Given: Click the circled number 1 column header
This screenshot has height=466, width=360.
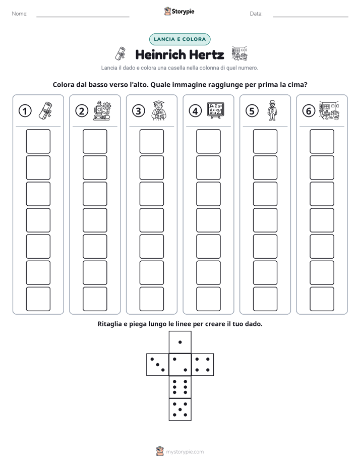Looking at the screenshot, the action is (x=25, y=111).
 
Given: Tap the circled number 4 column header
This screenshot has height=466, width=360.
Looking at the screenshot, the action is (x=195, y=111).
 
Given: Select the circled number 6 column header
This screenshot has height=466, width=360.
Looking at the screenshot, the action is (x=309, y=111).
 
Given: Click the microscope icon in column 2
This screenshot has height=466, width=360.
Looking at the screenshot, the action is (x=102, y=110).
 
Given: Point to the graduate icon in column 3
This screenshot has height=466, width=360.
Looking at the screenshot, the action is (x=159, y=110).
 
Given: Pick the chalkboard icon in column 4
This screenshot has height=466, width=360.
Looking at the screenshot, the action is (x=216, y=110).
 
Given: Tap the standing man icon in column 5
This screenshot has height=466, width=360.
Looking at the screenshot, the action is (x=272, y=110).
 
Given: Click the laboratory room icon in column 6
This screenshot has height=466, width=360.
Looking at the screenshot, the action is (x=329, y=110).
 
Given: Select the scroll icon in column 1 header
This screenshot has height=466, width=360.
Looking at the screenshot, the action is (x=45, y=110).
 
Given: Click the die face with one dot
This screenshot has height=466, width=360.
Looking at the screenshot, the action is (x=180, y=342).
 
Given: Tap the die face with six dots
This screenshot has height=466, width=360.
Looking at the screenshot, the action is (x=180, y=387).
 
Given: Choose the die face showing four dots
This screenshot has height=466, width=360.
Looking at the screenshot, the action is (x=203, y=364).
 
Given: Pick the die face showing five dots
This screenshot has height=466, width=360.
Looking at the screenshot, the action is (x=180, y=410).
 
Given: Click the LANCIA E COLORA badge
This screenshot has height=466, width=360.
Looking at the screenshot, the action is (x=179, y=39).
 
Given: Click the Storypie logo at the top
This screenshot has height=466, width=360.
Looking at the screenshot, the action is (x=179, y=12).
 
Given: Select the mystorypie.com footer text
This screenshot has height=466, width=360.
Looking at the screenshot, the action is (x=185, y=452).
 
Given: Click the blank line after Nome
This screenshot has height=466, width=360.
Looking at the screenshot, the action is (x=83, y=17).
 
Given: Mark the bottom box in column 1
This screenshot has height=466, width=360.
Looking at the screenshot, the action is (x=38, y=299).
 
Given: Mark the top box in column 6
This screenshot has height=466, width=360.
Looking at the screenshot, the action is (x=322, y=141).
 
